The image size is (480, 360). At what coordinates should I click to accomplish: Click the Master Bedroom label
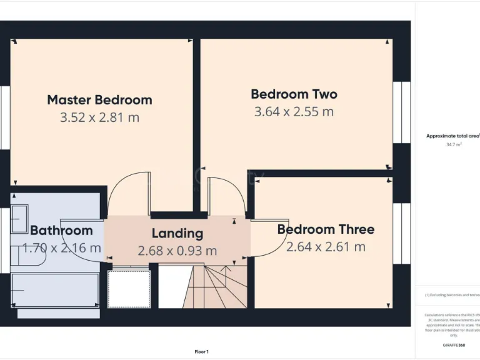pyautogui.click(x=99, y=100)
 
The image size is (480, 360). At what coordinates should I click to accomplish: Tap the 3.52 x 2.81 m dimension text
pyautogui.click(x=99, y=117)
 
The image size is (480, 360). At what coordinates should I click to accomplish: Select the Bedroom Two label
pyautogui.click(x=294, y=94)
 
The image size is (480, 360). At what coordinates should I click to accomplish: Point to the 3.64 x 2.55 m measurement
pyautogui.click(x=294, y=112)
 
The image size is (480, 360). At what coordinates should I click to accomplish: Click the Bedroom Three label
pyautogui.click(x=326, y=229)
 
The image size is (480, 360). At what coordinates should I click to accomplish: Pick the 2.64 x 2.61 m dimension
pyautogui.click(x=326, y=247)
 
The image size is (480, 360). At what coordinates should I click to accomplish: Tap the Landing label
pyautogui.click(x=177, y=234)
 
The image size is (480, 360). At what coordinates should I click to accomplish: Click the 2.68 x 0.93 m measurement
pyautogui.click(x=177, y=251)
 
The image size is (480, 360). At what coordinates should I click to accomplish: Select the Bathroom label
pyautogui.click(x=61, y=230)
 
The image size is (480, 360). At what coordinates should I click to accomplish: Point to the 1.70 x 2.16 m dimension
pyautogui.click(x=61, y=247)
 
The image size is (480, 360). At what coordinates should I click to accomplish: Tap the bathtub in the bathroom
pyautogui.click(x=55, y=291)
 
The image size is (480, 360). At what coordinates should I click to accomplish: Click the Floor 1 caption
pyautogui.click(x=202, y=352)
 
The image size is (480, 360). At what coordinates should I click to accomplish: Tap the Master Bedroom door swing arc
pyautogui.click(x=128, y=194)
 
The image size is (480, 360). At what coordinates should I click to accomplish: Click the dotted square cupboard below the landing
pyautogui.click(x=129, y=289)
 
